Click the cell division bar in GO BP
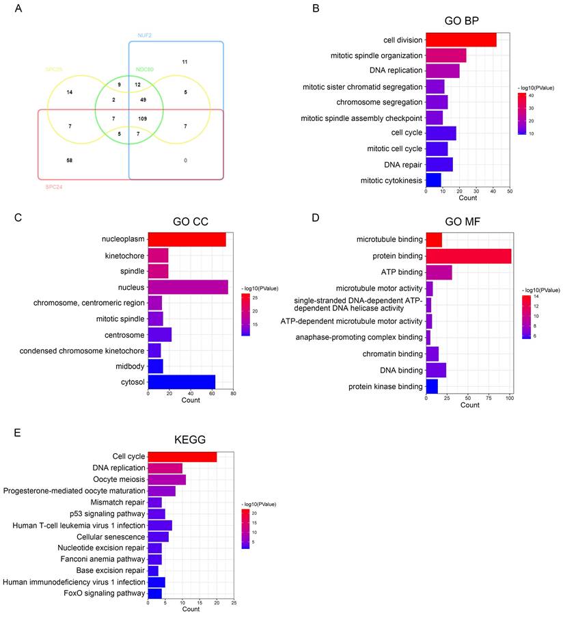(x=461, y=40)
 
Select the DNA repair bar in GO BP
(x=439, y=164)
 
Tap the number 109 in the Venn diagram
(x=142, y=118)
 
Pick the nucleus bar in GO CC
(x=188, y=287)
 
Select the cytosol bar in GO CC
(x=182, y=381)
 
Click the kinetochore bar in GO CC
(x=158, y=256)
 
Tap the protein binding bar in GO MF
(x=468, y=256)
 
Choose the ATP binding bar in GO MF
(x=439, y=272)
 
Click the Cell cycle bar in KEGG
(x=182, y=457)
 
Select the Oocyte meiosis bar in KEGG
(x=167, y=479)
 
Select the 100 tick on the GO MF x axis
(x=509, y=397)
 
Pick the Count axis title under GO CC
(x=191, y=400)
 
